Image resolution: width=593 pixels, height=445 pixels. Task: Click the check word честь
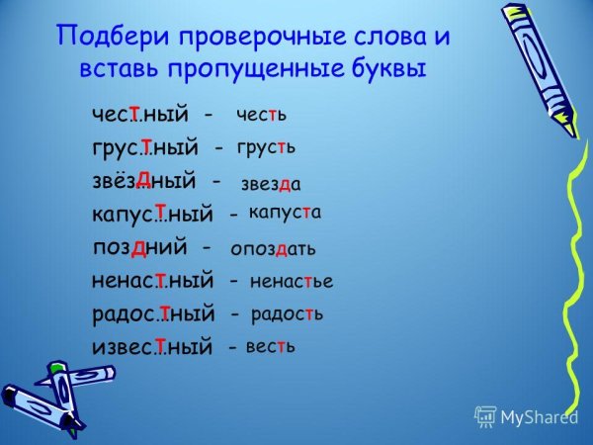pyautogui.click(x=262, y=115)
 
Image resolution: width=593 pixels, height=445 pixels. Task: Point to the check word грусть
pyautogui.click(x=267, y=147)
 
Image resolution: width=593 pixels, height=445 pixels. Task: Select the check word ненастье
pyautogui.click(x=292, y=281)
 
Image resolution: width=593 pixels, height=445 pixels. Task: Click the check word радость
pyautogui.click(x=288, y=314)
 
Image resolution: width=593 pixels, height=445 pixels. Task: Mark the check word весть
pyautogui.click(x=270, y=347)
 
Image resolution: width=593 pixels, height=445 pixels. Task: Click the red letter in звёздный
pyautogui.click(x=143, y=177)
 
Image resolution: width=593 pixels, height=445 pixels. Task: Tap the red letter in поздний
pyautogui.click(x=140, y=245)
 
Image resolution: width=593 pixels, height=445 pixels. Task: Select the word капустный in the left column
pyautogui.click(x=152, y=214)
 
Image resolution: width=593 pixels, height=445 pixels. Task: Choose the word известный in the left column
pyautogui.click(x=152, y=347)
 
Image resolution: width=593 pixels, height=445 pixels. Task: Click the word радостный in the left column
pyautogui.click(x=152, y=314)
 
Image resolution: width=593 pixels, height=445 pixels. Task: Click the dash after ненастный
pyautogui.click(x=232, y=282)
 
